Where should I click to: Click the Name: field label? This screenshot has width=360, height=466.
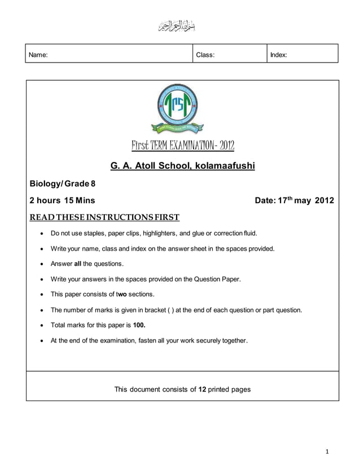tap(38, 55)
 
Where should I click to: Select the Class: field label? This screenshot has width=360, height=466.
tap(205, 55)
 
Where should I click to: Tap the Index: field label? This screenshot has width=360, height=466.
tap(279, 55)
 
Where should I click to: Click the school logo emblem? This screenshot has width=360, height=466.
tap(178, 108)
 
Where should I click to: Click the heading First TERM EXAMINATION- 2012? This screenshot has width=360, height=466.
tap(182, 147)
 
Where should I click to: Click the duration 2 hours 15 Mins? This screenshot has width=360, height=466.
tap(63, 200)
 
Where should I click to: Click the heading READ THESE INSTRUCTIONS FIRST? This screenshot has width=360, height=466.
tap(104, 217)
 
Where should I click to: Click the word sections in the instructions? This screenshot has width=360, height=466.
tap(142, 294)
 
